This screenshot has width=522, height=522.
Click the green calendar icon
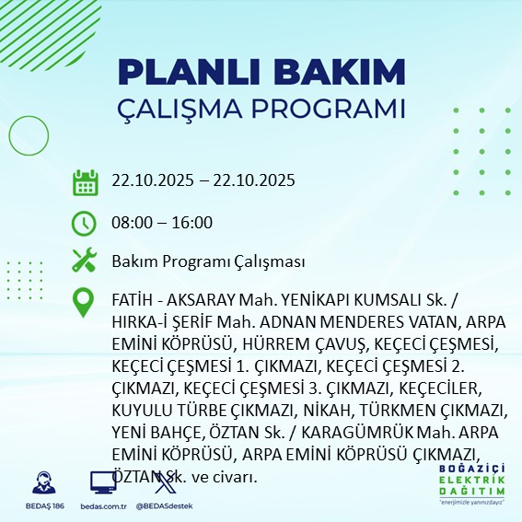point(85,181)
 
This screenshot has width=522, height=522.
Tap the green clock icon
point(85,223)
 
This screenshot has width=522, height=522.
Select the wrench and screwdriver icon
point(85,261)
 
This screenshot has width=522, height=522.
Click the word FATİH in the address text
point(131,301)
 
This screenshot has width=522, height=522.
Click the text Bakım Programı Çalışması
point(208,262)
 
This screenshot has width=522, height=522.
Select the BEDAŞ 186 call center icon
point(41,483)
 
